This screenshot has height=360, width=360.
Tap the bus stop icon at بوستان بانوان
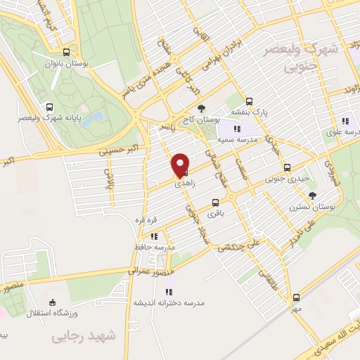(x=67, y=51)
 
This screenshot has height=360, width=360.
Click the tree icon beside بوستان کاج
(x=202, y=108)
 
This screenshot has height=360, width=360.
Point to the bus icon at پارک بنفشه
(x=249, y=101)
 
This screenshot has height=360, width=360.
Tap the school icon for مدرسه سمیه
(x=237, y=129)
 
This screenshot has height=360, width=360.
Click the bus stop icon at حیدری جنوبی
(x=287, y=167)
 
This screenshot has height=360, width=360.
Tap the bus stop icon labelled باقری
(x=214, y=202)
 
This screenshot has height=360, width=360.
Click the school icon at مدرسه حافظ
(x=154, y=236)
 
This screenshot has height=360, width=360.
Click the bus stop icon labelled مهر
(x=297, y=297)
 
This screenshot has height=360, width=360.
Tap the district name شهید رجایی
(x=83, y=337)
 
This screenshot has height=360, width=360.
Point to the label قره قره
(x=144, y=220)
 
